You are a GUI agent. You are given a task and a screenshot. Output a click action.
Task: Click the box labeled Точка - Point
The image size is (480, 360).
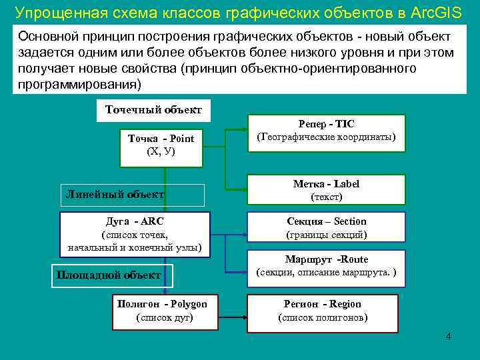click(x=161, y=145)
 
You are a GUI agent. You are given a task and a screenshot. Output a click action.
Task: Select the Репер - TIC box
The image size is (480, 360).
click(x=326, y=131)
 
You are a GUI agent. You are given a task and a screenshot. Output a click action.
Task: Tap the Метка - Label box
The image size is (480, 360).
click(x=326, y=189)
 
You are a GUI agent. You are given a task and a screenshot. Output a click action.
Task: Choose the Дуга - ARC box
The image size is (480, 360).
click(x=135, y=234)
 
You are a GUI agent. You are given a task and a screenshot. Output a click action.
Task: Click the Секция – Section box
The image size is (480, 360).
click(x=326, y=228)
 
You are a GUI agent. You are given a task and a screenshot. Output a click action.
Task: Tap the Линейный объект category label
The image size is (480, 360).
click(x=115, y=195)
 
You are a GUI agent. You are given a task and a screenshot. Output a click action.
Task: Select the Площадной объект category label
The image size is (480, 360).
click(x=109, y=275)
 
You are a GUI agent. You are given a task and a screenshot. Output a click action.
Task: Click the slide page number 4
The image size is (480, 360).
click(x=449, y=337)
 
